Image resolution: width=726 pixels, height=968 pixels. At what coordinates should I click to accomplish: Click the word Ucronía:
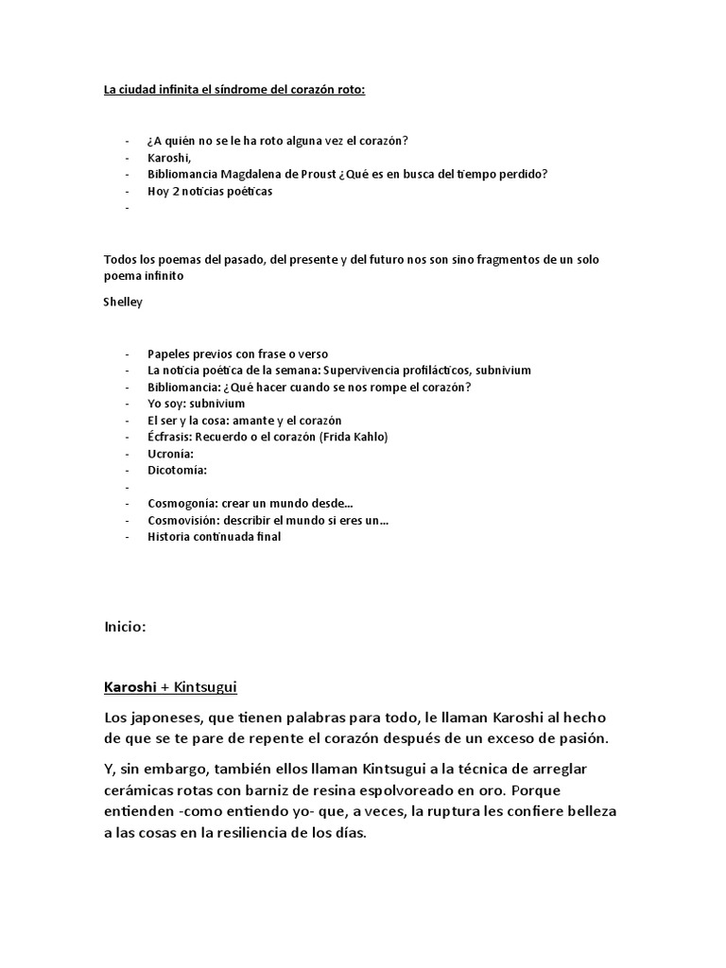[170, 453]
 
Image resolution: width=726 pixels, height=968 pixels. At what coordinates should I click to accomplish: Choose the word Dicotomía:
[177, 470]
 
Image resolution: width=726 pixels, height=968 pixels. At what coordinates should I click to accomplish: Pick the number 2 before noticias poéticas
[175, 191]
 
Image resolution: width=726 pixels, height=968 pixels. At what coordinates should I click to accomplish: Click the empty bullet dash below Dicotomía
[126, 487]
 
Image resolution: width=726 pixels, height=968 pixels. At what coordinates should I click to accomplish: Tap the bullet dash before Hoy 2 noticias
[126, 191]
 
